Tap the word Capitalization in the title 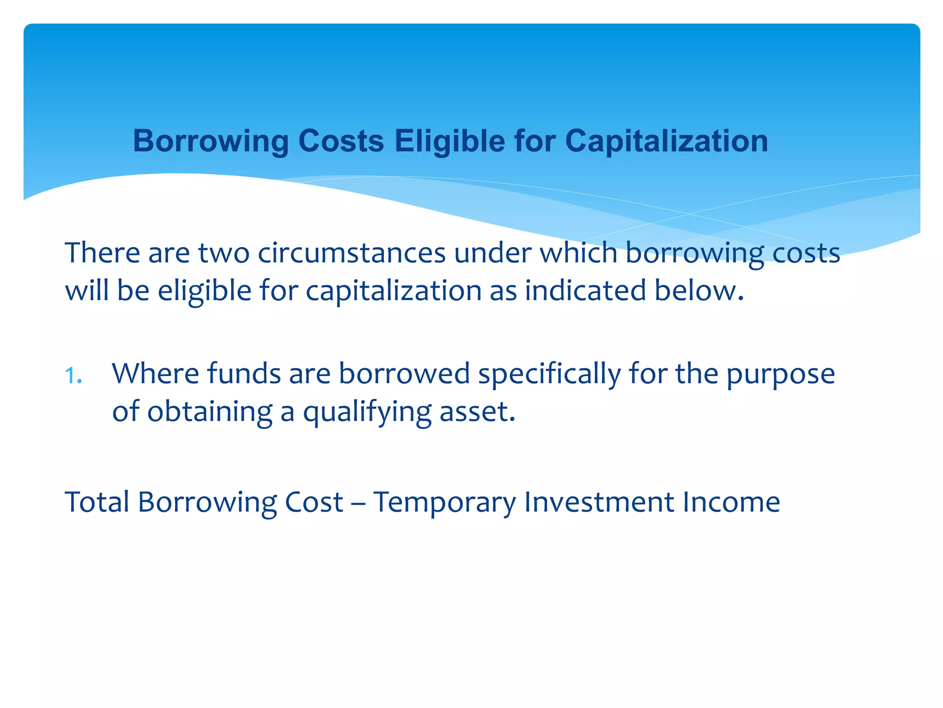pos(666,141)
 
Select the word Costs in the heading pos(341,141)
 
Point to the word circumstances pos(351,254)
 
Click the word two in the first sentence pos(223,254)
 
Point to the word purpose pos(780,374)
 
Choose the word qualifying pos(367,412)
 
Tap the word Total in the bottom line pos(97,502)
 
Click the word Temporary pos(444,502)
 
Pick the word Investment pos(599,502)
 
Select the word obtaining pos(210,412)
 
